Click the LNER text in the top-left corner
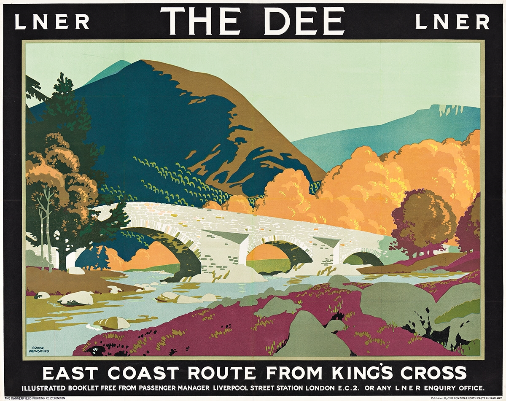click(52, 22)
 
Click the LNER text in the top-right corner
click(452, 22)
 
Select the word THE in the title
click(206, 21)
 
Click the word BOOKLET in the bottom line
click(96, 387)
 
